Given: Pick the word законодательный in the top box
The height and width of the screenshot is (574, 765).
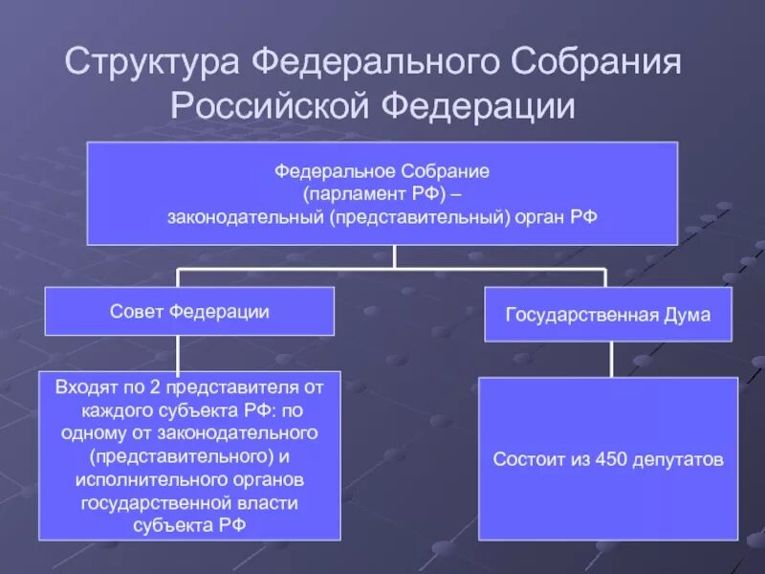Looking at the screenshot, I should [x=247, y=217].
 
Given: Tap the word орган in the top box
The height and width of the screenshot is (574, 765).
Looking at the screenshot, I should [x=538, y=217].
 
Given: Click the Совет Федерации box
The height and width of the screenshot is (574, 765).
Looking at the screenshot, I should [x=189, y=311].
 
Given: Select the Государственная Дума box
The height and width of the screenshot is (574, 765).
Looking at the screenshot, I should [x=607, y=315].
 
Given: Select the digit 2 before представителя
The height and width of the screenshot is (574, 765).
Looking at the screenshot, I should [x=155, y=388].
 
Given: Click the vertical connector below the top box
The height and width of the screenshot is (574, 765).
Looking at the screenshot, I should [x=393, y=256].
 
